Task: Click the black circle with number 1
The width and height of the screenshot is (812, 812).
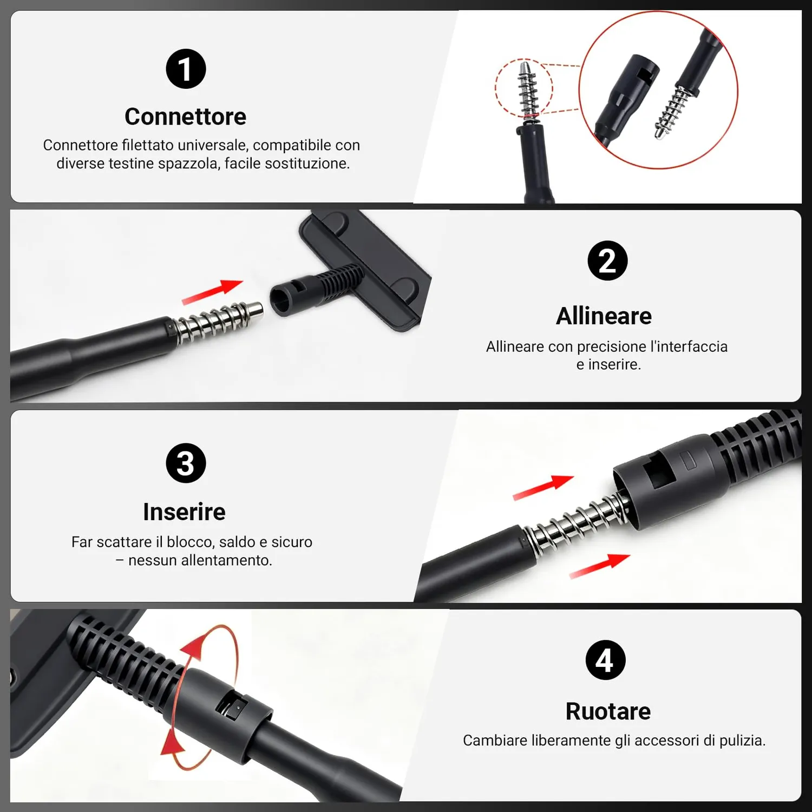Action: click(x=186, y=69)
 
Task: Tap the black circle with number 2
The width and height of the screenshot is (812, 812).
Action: click(x=607, y=260)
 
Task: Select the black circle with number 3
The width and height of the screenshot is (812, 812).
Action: click(x=186, y=463)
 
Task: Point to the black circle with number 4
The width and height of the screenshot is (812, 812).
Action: click(x=605, y=660)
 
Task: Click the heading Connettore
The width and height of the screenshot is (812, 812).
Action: click(x=185, y=116)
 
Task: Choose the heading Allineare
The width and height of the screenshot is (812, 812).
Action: click(x=604, y=316)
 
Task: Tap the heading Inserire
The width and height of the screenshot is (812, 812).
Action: click(x=184, y=512)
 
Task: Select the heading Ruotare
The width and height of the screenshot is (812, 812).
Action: click(x=608, y=711)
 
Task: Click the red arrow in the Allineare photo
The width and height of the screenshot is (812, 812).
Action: click(x=212, y=292)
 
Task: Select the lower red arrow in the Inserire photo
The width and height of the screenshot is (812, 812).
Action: click(x=600, y=566)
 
